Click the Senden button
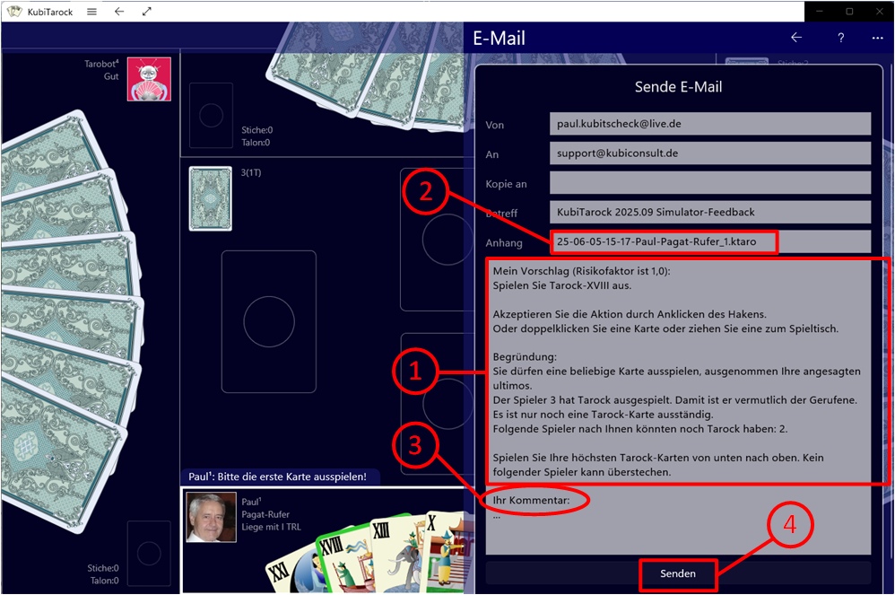(x=678, y=573)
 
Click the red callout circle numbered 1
(x=415, y=372)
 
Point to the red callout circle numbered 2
(x=426, y=191)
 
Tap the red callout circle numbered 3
(x=415, y=445)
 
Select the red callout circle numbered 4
(x=790, y=524)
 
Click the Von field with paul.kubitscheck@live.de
(x=710, y=124)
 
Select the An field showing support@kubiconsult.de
(x=710, y=153)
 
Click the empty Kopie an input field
(x=710, y=183)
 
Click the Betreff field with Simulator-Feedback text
(x=710, y=212)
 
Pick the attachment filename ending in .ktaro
(x=656, y=241)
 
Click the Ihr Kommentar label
(x=532, y=500)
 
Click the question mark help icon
(x=841, y=39)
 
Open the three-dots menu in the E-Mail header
(x=877, y=39)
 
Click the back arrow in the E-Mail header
(x=796, y=38)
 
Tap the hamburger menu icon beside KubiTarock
(x=91, y=12)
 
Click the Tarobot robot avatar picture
(x=149, y=79)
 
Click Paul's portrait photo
(x=211, y=517)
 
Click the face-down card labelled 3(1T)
(x=211, y=198)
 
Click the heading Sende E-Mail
(x=678, y=87)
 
